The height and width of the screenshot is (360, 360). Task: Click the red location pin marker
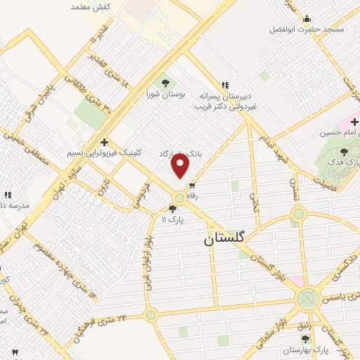[x=181, y=167]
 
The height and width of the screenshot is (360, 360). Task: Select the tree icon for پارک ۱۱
[x=173, y=209]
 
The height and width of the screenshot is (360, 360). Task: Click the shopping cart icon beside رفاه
[x=192, y=186]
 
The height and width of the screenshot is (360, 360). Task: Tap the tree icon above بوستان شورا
[x=165, y=82]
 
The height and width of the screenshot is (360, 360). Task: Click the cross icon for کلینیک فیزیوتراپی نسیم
[x=104, y=142]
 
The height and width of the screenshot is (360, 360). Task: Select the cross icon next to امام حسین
[x=354, y=122]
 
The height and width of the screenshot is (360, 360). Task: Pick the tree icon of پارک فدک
[x=344, y=151]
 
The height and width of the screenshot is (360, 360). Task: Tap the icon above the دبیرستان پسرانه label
[x=225, y=84]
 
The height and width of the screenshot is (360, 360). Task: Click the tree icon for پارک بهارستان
[x=304, y=339]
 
